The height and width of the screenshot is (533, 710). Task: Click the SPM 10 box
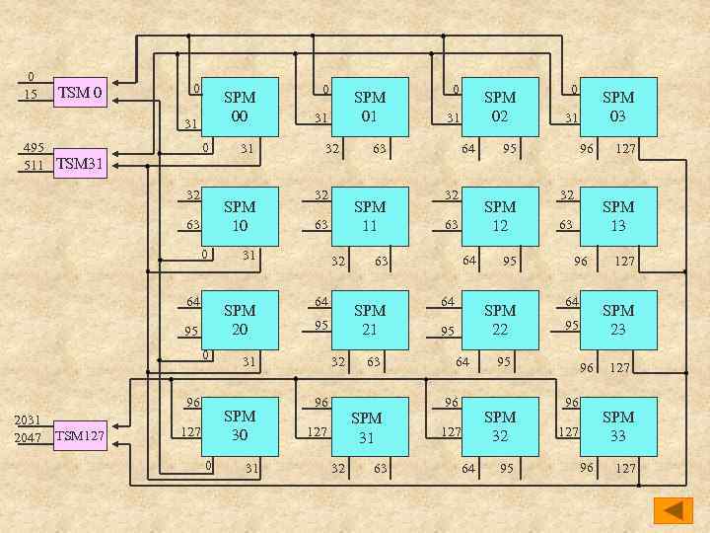coord(240,216)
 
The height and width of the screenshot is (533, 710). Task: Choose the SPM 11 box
coord(370,216)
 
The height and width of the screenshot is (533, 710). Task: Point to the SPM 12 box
coord(500,216)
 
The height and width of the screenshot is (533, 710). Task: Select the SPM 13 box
coord(618,216)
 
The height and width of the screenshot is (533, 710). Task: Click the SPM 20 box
coord(240,320)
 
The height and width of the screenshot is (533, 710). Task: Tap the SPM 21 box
coord(370,320)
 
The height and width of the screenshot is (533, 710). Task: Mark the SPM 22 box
coord(500,320)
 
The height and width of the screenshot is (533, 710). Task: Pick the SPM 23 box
coord(618,320)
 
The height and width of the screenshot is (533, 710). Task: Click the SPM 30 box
coord(240,425)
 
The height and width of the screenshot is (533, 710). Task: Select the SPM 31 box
coord(370,425)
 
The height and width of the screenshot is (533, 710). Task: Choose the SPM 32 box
coord(500,425)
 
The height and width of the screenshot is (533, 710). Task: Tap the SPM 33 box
coord(618,425)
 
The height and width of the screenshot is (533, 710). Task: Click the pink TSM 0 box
coord(82,94)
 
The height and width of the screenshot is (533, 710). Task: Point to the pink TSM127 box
coord(82,434)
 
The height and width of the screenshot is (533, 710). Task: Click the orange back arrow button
coord(674,510)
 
